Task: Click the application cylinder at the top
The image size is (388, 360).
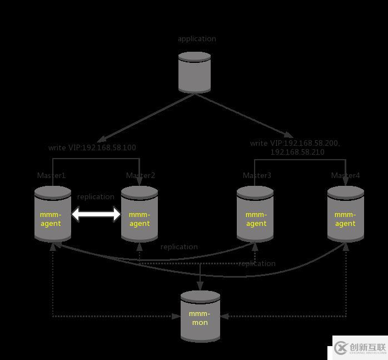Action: [195, 72]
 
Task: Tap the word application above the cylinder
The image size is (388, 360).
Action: [197, 39]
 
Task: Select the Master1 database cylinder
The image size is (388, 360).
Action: [53, 214]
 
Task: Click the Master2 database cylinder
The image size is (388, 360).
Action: [140, 214]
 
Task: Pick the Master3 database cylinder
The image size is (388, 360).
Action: [255, 214]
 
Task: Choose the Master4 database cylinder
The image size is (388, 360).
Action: [345, 214]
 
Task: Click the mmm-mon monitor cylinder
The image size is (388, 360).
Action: [200, 316]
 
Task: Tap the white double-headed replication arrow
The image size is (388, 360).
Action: [96, 214]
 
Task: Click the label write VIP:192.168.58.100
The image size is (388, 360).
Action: [92, 148]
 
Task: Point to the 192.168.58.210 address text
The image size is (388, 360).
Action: [297, 152]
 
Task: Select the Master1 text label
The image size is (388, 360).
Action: [51, 176]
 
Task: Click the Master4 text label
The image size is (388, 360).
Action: [345, 176]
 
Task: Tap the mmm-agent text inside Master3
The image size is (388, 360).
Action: [256, 219]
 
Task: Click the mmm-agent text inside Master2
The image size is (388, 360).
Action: [140, 219]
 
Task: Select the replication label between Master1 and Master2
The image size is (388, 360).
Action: [96, 197]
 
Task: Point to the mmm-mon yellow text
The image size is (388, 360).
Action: [200, 318]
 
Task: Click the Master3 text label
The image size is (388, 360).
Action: [257, 176]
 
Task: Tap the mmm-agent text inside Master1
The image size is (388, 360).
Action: [51, 219]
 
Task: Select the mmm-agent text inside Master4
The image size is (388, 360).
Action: [345, 219]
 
